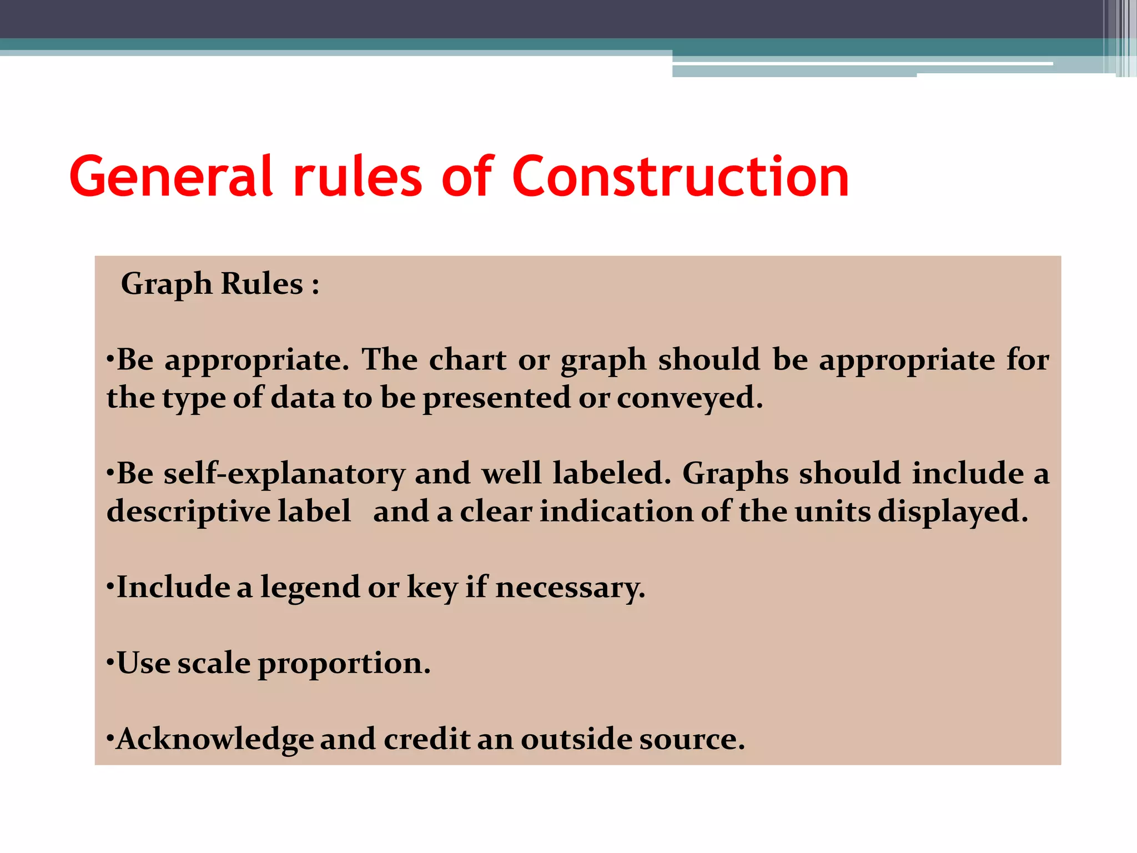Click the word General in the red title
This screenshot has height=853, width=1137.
click(172, 177)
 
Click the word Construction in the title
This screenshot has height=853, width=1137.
click(681, 177)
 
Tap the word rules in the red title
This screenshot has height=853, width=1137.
click(358, 177)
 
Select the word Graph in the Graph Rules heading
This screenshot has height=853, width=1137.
click(167, 284)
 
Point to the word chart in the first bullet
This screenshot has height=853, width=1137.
click(467, 360)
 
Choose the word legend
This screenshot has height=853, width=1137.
click(310, 588)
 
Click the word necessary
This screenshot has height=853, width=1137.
click(570, 588)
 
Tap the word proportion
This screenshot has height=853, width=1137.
click(344, 663)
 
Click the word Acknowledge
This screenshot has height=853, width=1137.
click(215, 739)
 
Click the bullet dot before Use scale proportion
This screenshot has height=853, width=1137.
click(110, 662)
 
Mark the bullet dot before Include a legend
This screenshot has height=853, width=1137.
click(110, 586)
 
